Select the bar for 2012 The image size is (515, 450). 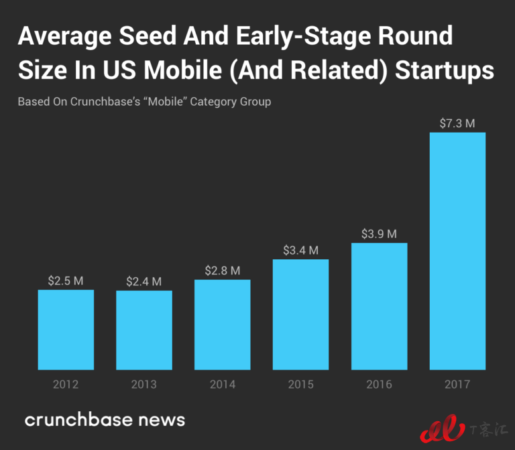pos(66,329)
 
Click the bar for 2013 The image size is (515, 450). pos(144,330)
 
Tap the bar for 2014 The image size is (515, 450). pos(223,325)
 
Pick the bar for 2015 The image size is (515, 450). pos(300,314)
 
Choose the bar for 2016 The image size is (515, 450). pos(379,306)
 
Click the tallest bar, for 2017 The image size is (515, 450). pos(457,251)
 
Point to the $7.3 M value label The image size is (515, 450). pos(457,123)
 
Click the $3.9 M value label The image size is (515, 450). pos(379,234)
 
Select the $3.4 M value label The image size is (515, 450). pos(300,250)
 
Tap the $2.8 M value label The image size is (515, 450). pos(223,271)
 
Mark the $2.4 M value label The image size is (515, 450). pos(144,282)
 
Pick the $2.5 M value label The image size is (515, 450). pos(66,281)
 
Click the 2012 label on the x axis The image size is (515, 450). pos(66,384)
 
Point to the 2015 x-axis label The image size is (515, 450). pos(300,384)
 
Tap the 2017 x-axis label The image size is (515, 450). pos(457,384)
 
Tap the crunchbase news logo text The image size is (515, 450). pos(105,420)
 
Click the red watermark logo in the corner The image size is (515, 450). pos(443,429)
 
